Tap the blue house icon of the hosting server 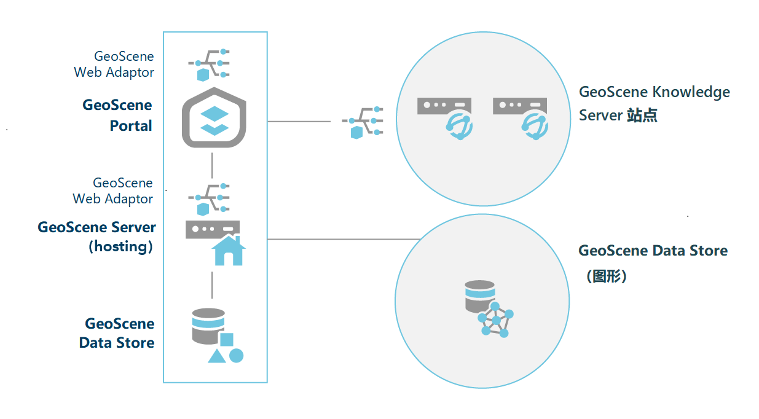click(x=228, y=251)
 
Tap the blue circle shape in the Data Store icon click(x=237, y=355)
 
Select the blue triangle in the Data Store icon click(x=217, y=356)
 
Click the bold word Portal click(x=131, y=126)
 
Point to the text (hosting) click(x=121, y=247)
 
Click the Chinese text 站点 click(x=642, y=116)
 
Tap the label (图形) click(x=607, y=276)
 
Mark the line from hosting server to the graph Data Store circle click(x=344, y=239)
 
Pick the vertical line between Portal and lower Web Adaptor click(x=212, y=164)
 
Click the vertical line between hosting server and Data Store click(x=212, y=284)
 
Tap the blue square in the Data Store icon click(x=227, y=339)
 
